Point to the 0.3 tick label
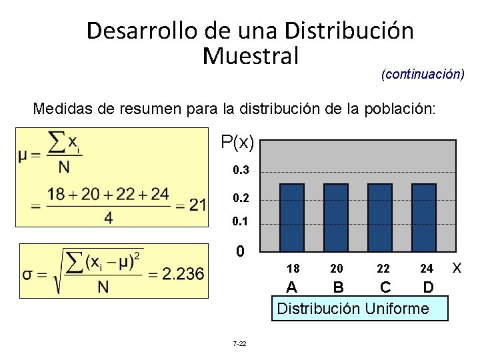(241, 171)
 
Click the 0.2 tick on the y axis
(241, 199)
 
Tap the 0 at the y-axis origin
(242, 252)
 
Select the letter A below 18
(291, 287)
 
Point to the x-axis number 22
(383, 269)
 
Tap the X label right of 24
(457, 267)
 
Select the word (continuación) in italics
(423, 73)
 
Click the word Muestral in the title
(250, 55)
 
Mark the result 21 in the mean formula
(197, 205)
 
